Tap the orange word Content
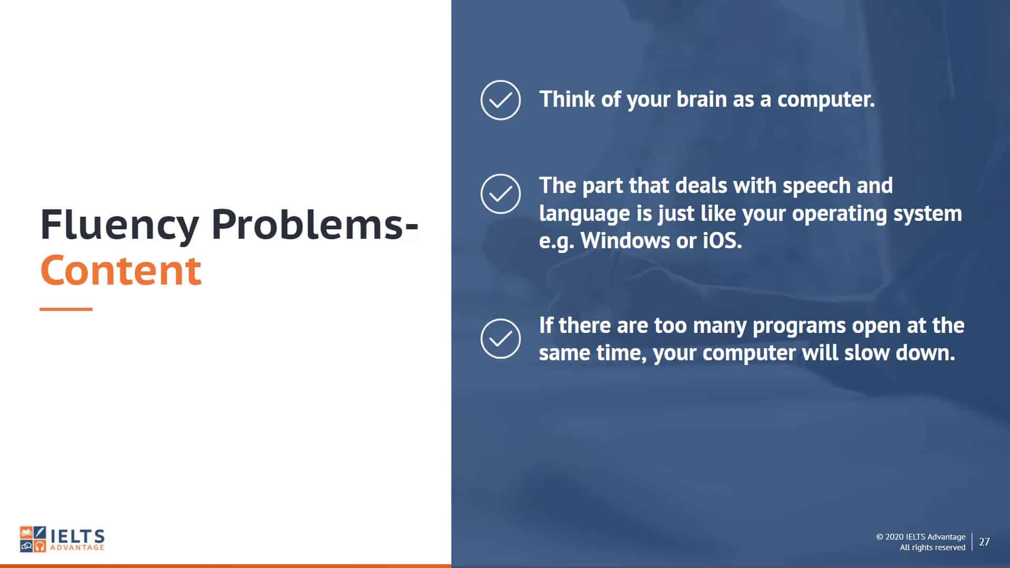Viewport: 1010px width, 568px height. pos(120,270)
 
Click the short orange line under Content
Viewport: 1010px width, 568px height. pos(66,309)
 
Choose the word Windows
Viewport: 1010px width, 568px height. pos(625,240)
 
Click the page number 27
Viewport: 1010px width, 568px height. pos(984,542)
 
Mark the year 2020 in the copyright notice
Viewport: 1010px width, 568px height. pos(894,537)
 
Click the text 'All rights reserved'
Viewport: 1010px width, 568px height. pos(933,547)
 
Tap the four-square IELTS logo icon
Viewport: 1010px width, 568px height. pos(33,539)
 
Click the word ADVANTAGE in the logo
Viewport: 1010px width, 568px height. pos(77,548)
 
